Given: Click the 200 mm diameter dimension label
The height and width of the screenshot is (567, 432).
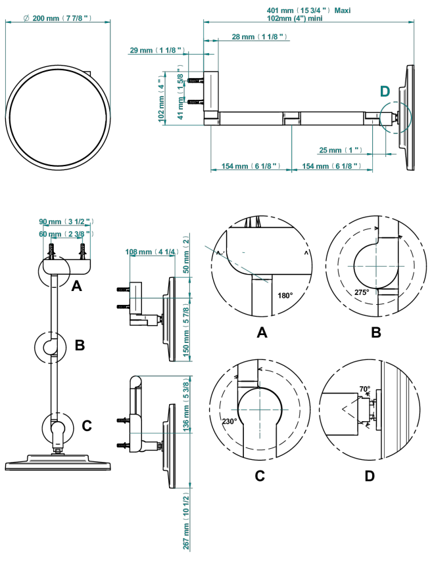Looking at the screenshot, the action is coord(57,18).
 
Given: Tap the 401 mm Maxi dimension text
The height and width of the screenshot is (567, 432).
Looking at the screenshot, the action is coord(308,11).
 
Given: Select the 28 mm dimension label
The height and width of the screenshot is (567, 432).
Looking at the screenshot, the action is coord(260,37).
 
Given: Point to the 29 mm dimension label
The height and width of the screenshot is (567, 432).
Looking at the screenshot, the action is coord(157,50).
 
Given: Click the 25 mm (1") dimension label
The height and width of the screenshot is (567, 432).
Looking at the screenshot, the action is coord(341,150).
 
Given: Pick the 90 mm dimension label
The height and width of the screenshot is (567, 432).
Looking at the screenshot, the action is coord(66,221).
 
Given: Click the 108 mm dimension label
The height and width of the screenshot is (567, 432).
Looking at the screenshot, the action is coord(152,252).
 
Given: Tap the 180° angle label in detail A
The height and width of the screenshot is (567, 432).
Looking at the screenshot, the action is coord(285,296).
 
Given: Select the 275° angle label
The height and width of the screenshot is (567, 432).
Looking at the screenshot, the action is coord(362,292).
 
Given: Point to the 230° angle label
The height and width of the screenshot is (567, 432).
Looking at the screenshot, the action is coord(229,421).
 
